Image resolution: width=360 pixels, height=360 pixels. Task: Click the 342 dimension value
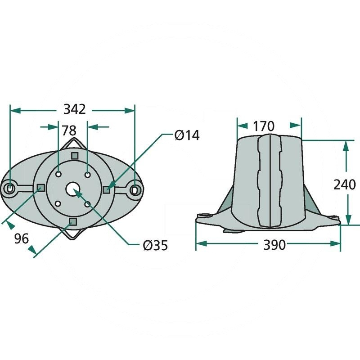coord(74,109)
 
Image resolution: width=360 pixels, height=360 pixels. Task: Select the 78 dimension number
coord(69,130)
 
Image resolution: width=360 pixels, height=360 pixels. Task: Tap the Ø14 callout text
coord(187,135)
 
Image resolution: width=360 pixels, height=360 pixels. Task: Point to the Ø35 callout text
coord(155,245)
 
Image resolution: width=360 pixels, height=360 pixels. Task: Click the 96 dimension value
coord(22,238)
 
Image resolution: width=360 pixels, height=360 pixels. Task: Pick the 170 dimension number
coord(264,126)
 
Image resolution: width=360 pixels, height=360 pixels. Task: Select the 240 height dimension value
coord(344,184)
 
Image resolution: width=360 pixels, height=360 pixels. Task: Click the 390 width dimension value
coord(274,245)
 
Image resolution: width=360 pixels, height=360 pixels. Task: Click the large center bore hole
coord(73,189)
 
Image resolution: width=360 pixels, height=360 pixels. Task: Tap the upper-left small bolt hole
coord(58,174)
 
